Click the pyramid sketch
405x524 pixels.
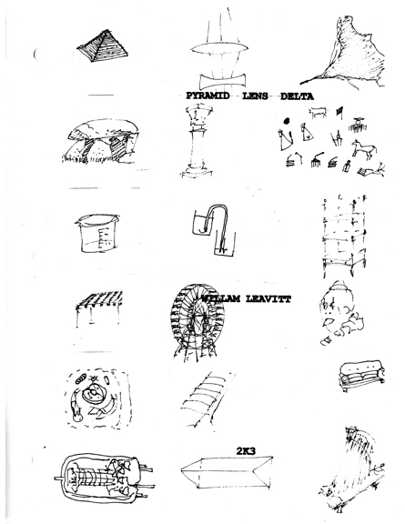coord(102,45)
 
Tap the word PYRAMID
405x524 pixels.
coord(208,96)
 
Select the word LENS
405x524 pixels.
coord(255,96)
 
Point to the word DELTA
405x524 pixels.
coord(297,96)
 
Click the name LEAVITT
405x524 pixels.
coord(268,298)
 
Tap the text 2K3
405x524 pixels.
coord(246,451)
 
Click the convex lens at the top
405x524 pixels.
coord(219,48)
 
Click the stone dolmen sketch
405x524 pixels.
coord(101,141)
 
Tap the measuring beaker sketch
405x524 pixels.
coord(97,233)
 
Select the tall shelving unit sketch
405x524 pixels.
coord(344,236)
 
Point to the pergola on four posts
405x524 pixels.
coord(99,307)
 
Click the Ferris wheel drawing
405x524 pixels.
coord(197,321)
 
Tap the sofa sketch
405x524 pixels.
coord(361,375)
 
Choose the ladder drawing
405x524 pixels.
coord(208,399)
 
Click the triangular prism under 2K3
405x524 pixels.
coord(227,472)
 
